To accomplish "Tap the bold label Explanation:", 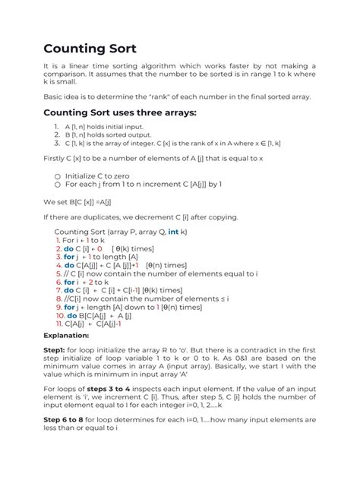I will tap(65, 335).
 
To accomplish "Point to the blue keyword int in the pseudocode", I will tap(173, 231).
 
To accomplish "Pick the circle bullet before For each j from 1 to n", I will tap(56, 183).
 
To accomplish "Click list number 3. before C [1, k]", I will tap(56, 142).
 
